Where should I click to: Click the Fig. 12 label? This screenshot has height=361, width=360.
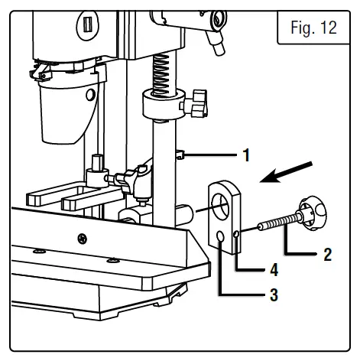(314, 28)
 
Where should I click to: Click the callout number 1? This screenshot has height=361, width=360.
(246, 155)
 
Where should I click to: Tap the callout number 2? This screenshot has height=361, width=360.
(327, 255)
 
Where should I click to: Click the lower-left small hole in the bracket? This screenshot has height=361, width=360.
(222, 239)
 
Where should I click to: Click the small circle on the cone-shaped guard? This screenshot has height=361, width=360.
(91, 96)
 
